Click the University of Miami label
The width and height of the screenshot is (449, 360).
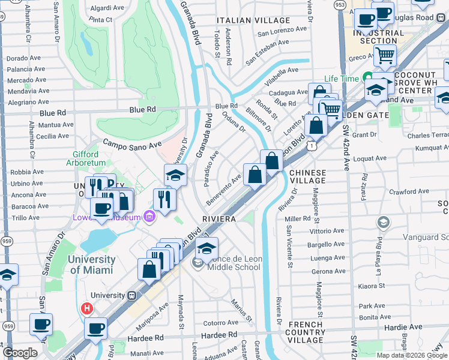[x=91, y=265]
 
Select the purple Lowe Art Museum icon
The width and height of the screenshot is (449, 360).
[x=149, y=216]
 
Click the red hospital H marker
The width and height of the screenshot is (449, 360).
[x=86, y=309]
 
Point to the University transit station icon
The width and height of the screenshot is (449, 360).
[x=131, y=295]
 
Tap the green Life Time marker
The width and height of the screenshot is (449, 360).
[x=366, y=79]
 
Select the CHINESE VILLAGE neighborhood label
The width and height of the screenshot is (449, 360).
[x=308, y=177]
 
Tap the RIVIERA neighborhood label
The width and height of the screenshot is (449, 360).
[x=219, y=219]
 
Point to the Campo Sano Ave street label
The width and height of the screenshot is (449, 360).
[x=133, y=145]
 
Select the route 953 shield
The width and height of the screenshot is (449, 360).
[x=340, y=4]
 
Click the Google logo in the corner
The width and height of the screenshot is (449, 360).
[x=20, y=353]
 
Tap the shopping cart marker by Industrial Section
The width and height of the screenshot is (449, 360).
[x=385, y=56]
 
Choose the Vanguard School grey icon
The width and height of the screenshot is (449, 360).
[x=383, y=223]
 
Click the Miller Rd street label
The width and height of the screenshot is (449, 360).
[x=297, y=219]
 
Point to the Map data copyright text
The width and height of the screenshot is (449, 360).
[x=412, y=355]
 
